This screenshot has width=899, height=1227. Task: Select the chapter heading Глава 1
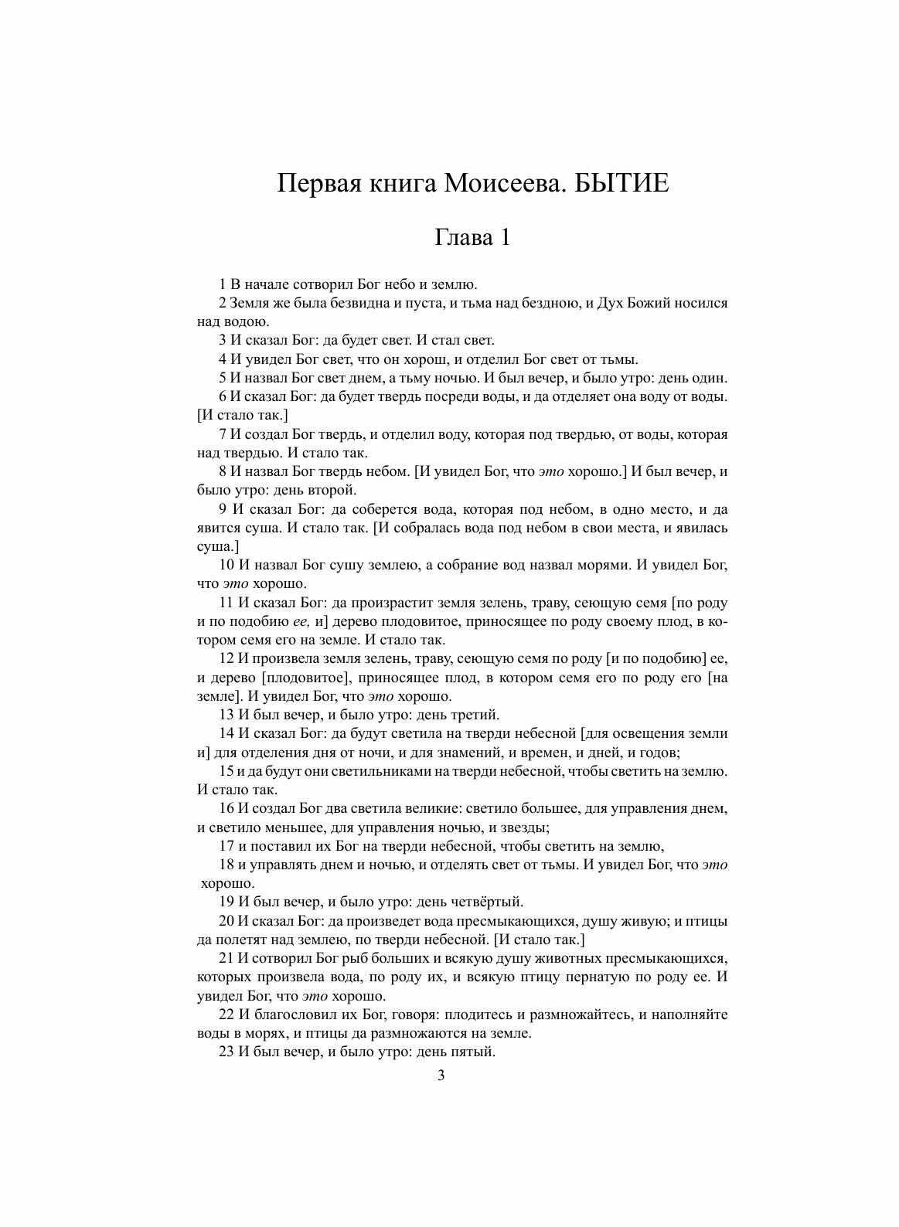tap(472, 237)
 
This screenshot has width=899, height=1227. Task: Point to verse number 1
tap(223, 284)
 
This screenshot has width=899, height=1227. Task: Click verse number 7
tap(223, 435)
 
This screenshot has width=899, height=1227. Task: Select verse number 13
tap(226, 715)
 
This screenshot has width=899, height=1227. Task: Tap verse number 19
tap(226, 902)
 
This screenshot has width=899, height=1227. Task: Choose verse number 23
tap(226, 1052)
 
